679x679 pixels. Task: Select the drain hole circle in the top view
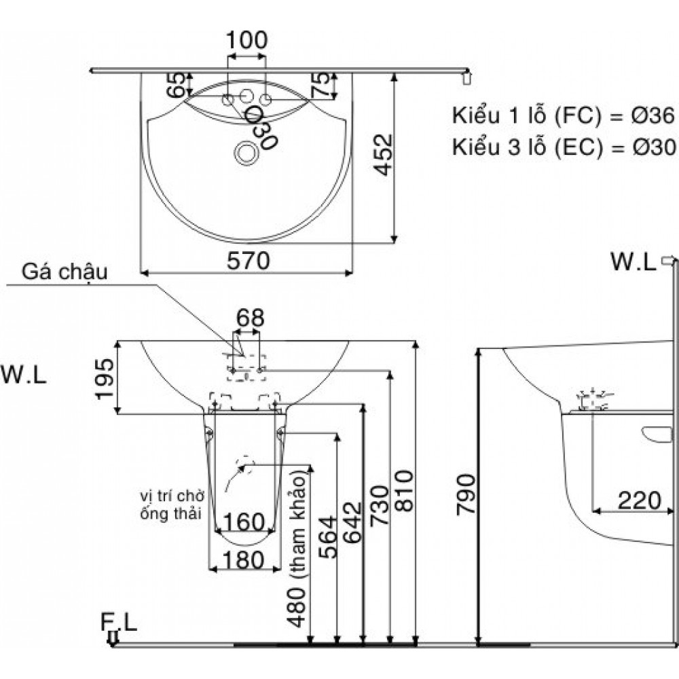[x=244, y=153]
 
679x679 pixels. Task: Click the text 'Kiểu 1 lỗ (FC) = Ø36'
[x=563, y=116]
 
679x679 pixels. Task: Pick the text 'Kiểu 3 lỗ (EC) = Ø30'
[x=563, y=147]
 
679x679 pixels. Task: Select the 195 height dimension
[x=106, y=377]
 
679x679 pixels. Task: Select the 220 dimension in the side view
[x=638, y=500]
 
